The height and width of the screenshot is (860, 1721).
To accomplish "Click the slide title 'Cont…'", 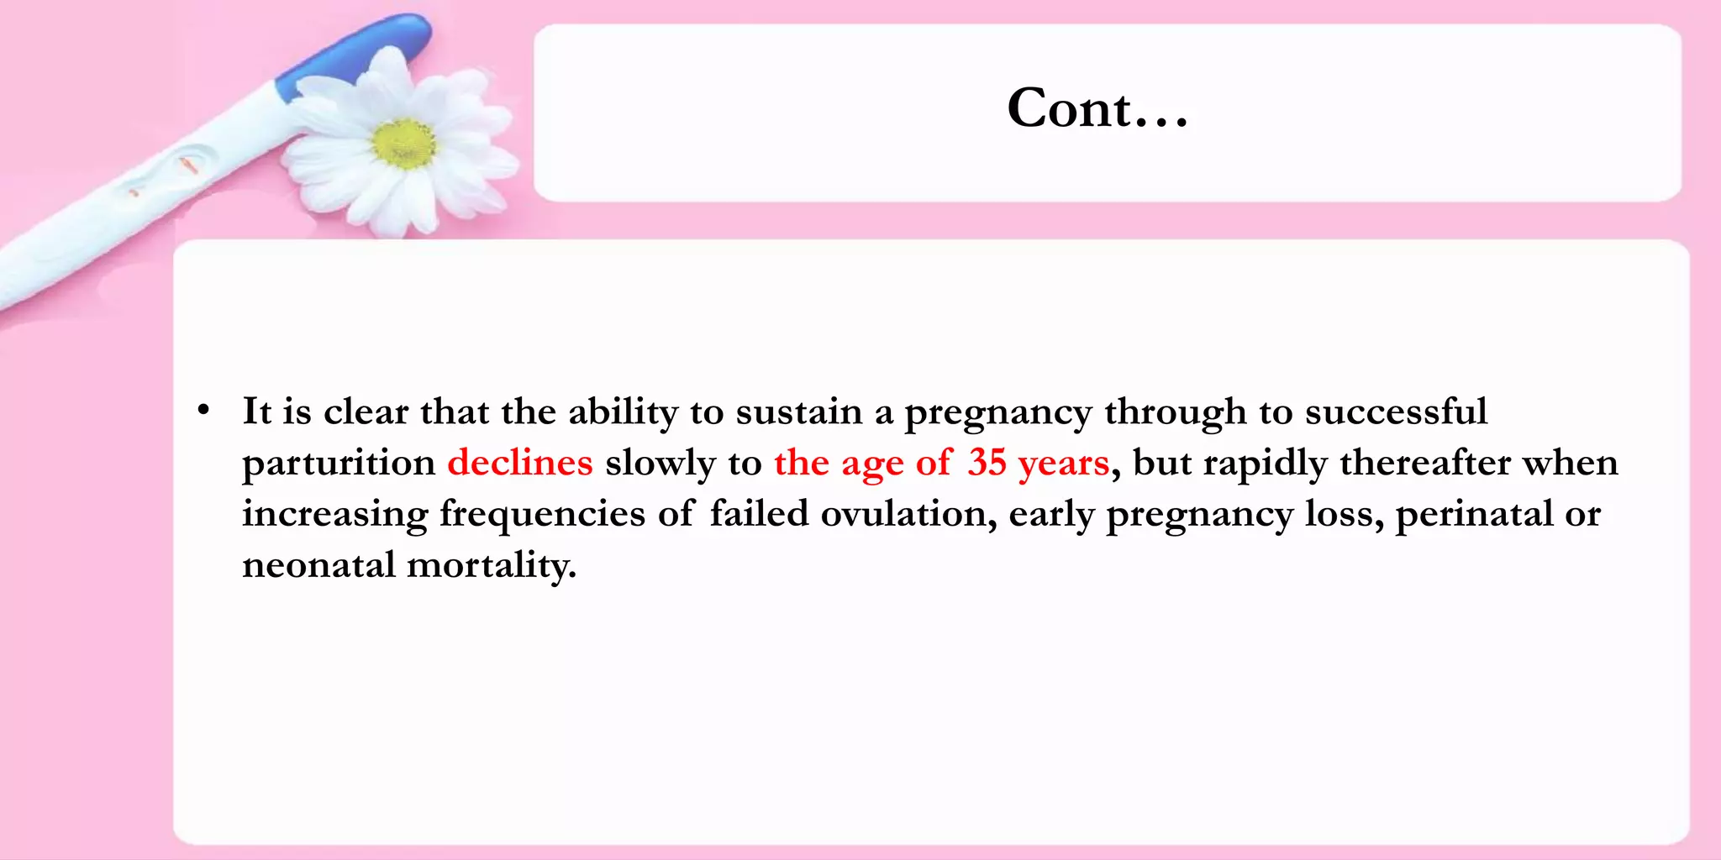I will point(1097,109).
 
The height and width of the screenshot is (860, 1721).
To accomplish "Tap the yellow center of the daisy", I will point(404,143).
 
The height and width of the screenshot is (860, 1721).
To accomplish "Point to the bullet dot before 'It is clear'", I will point(203,412).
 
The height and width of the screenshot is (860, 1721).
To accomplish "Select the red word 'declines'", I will point(519,463).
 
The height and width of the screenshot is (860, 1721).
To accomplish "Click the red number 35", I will point(987,463).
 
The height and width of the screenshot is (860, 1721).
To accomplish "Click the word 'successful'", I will point(1396,412).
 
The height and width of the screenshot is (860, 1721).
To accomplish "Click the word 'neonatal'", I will point(318,565).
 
